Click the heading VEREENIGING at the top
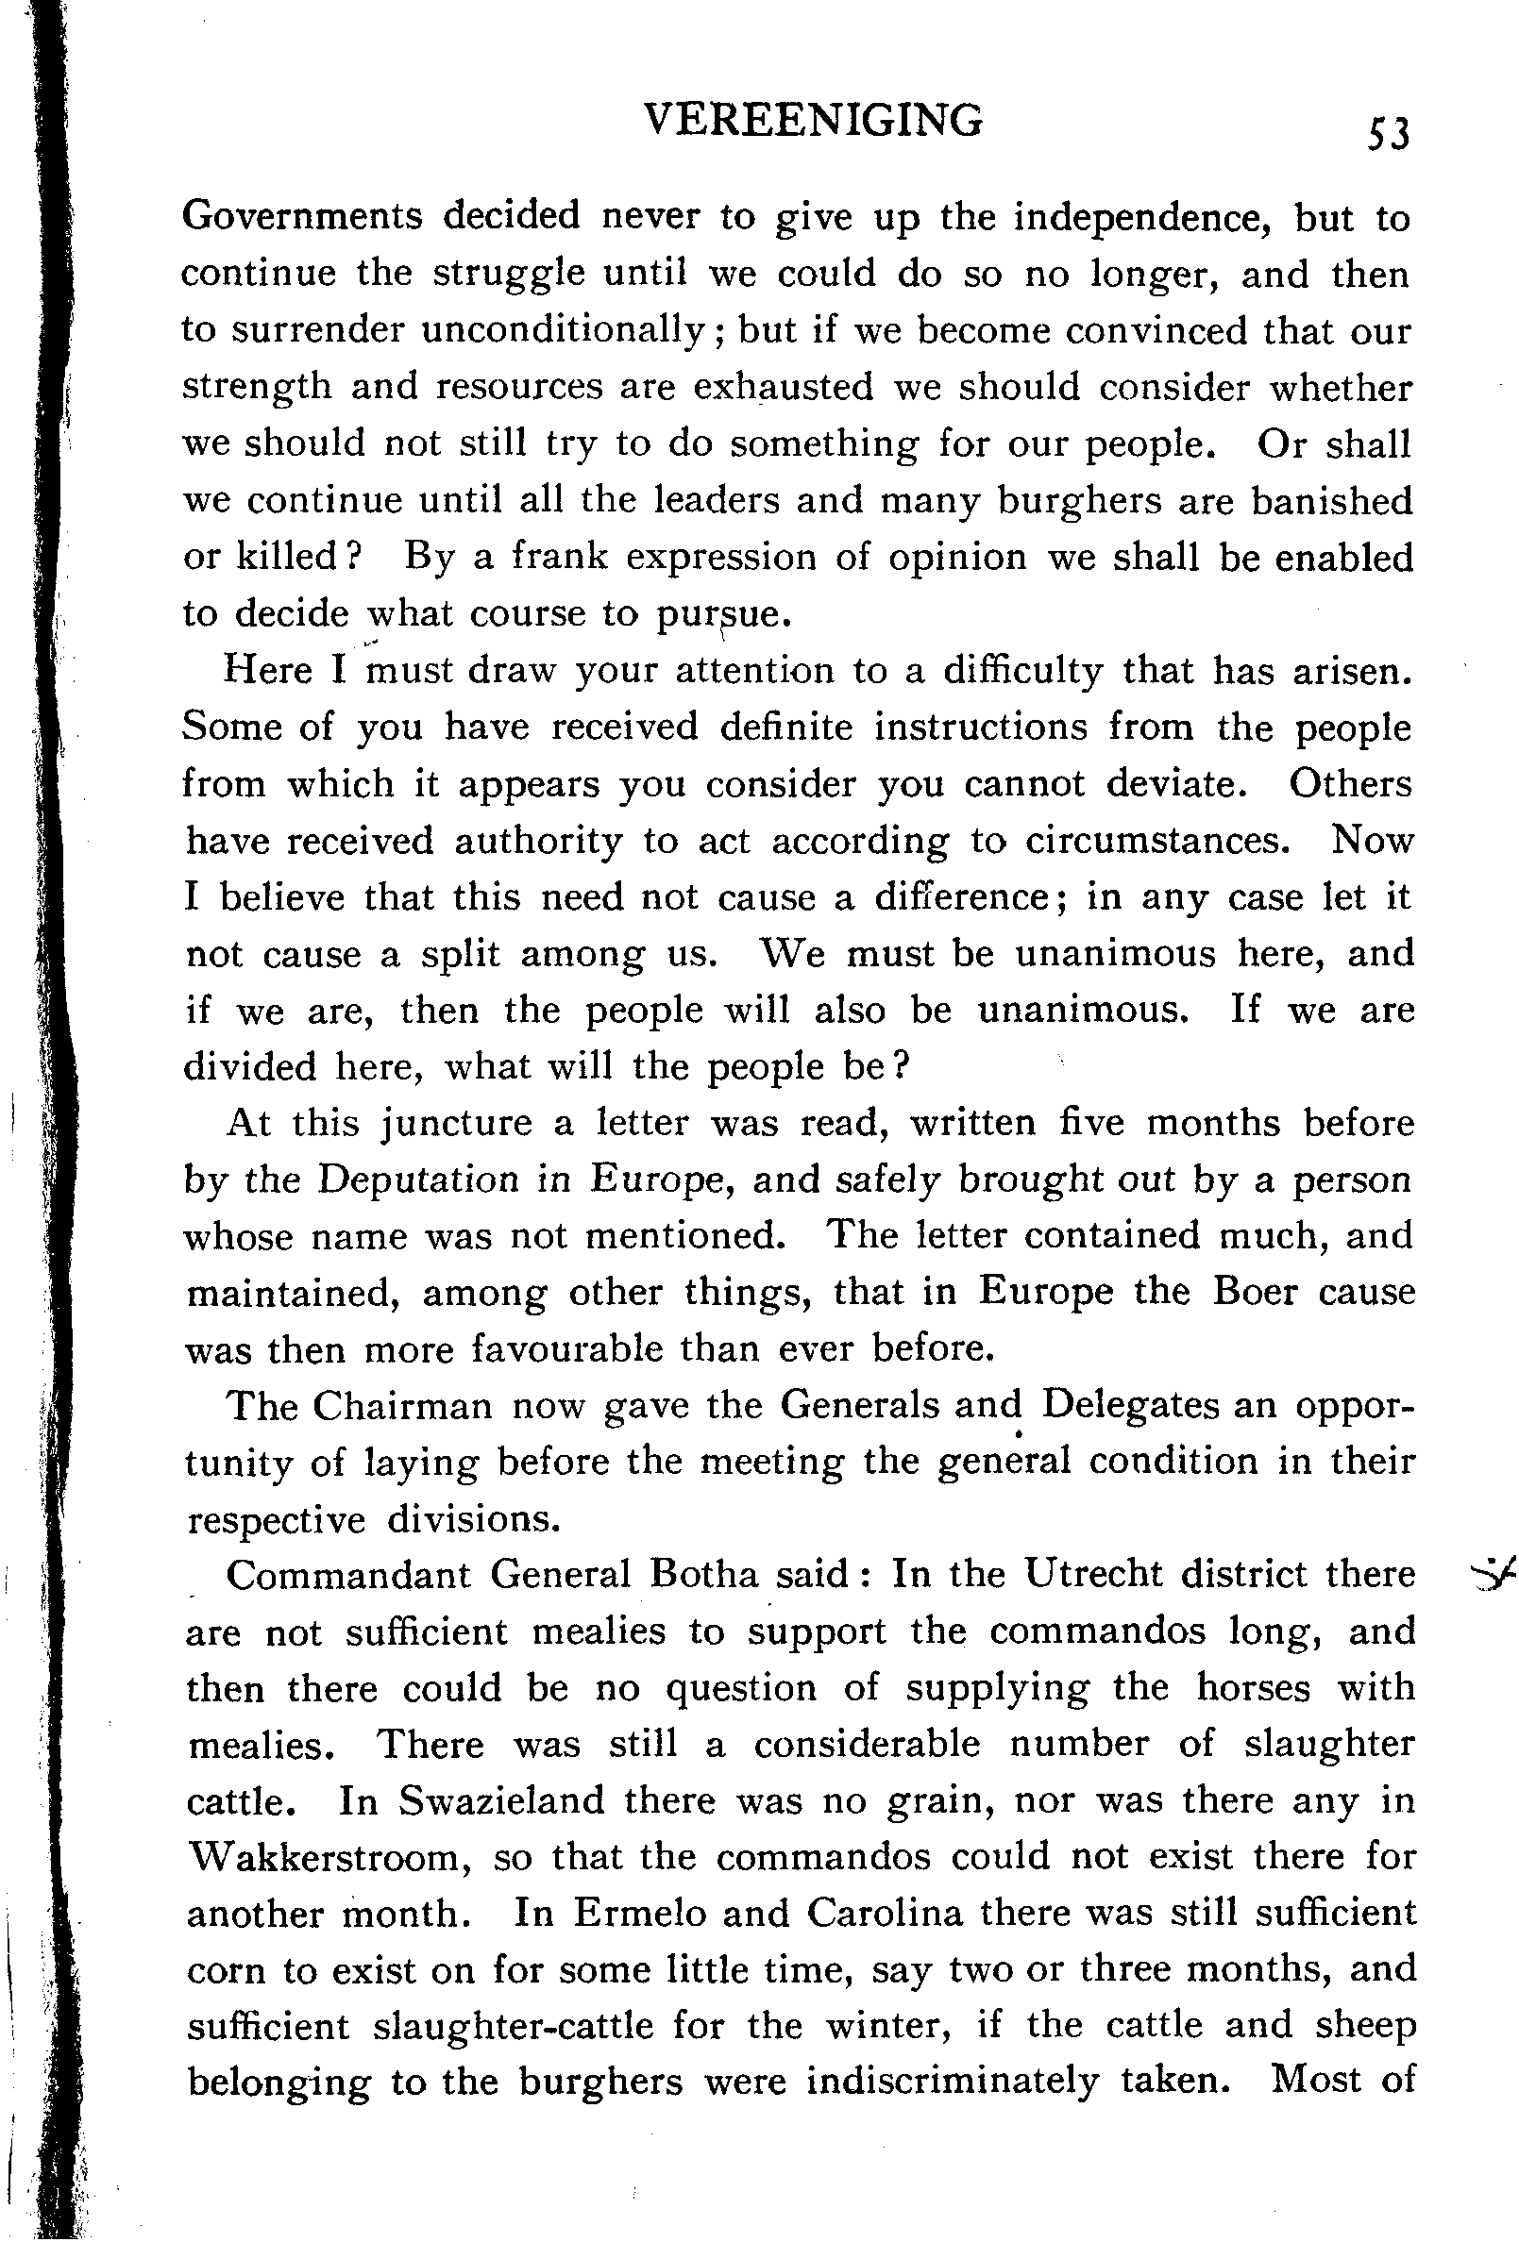(813, 123)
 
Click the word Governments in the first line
(302, 217)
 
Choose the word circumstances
(1157, 840)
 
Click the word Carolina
(885, 1914)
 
